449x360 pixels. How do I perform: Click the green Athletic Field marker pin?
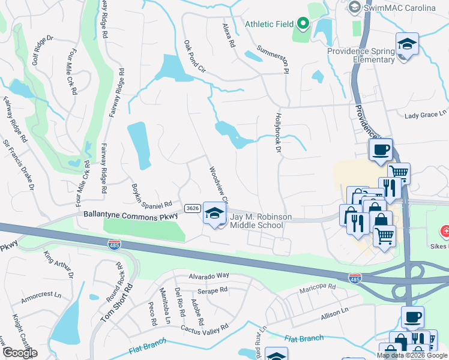point(303,24)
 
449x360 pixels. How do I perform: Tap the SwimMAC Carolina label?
point(400,7)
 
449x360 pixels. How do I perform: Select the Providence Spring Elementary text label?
point(361,55)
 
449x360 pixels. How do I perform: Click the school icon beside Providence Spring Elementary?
point(407,44)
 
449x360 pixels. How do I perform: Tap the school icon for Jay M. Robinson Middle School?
point(214,214)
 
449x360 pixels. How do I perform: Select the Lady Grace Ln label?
point(426,114)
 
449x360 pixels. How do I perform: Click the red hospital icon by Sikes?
point(445,230)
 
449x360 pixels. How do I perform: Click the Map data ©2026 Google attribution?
point(412,355)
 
